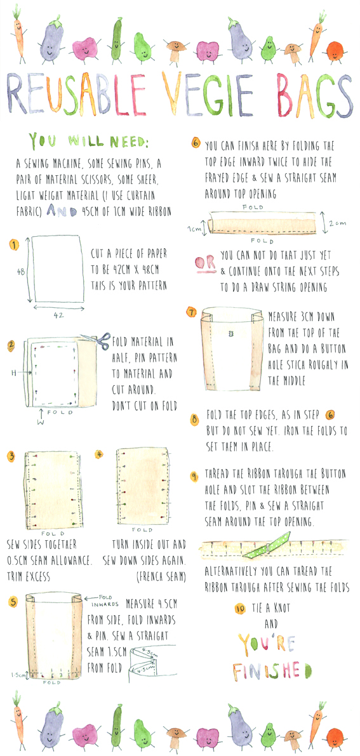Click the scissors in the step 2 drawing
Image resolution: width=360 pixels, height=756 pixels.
97,341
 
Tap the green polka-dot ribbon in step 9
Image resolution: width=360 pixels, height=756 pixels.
267,545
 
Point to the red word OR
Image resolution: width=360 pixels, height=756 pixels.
204,263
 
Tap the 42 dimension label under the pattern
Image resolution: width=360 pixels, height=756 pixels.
58,315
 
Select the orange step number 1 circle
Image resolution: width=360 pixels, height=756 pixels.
14,246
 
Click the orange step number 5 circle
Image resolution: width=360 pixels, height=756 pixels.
14,600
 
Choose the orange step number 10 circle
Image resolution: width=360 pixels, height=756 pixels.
240,609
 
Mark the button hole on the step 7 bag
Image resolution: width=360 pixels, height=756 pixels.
230,334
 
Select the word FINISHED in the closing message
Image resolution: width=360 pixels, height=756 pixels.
272,671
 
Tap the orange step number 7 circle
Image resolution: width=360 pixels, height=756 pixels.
192,312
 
